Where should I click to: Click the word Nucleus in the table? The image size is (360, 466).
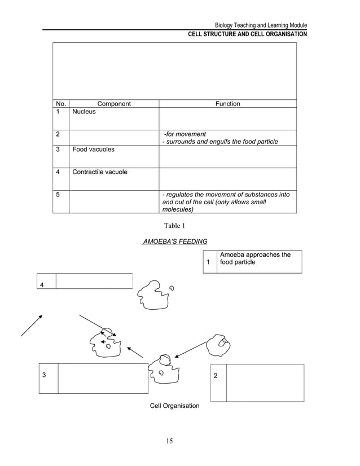click(84, 112)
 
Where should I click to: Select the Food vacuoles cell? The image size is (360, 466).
click(93, 150)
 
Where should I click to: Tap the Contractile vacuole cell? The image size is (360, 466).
click(99, 172)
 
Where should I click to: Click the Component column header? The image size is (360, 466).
click(114, 104)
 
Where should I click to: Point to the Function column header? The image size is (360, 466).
click(228, 104)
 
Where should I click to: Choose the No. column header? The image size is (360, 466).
click(61, 104)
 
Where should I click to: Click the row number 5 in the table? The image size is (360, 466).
click(58, 195)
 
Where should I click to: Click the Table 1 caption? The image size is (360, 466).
click(174, 226)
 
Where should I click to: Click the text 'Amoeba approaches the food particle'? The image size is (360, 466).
click(255, 258)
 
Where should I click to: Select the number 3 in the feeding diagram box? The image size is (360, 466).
click(43, 375)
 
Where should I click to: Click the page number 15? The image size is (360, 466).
click(169, 441)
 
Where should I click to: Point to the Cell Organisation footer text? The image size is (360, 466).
click(174, 406)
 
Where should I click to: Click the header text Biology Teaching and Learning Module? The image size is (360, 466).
click(261, 26)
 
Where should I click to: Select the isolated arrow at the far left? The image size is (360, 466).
click(32, 325)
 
